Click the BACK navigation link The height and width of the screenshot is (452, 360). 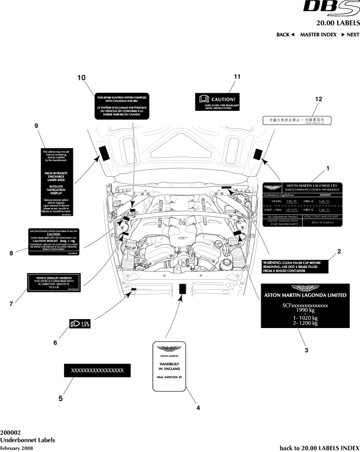(x=285, y=35)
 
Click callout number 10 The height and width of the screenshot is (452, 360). (x=81, y=78)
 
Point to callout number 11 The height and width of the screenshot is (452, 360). (x=237, y=77)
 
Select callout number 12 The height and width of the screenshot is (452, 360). (x=318, y=99)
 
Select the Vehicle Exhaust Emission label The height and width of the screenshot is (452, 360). (x=57, y=283)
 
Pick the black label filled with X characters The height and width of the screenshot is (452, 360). (x=97, y=370)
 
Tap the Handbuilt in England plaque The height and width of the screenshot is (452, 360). (x=168, y=366)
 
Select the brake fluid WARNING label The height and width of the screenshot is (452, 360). (x=294, y=266)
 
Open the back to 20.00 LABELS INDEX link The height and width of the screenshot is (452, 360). (x=319, y=447)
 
